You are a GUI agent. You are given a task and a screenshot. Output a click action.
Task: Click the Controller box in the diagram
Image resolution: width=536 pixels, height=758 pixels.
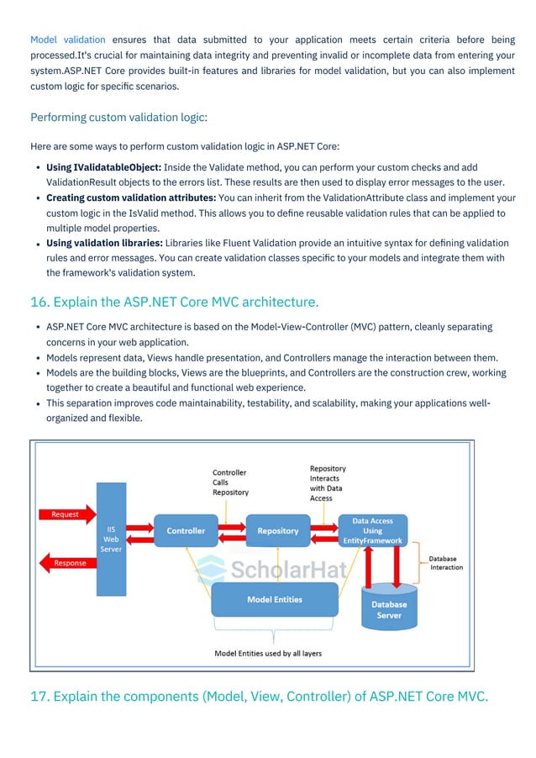pyautogui.click(x=186, y=531)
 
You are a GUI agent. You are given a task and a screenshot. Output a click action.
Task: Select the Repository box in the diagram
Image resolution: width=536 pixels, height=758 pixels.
pyautogui.click(x=277, y=531)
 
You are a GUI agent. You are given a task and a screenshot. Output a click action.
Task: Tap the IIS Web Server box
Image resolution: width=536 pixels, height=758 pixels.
pyautogui.click(x=111, y=539)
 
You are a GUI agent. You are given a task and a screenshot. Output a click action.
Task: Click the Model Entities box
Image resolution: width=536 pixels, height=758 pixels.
pyautogui.click(x=275, y=599)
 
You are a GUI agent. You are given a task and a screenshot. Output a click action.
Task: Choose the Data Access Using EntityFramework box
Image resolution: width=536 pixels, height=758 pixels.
pyautogui.click(x=372, y=531)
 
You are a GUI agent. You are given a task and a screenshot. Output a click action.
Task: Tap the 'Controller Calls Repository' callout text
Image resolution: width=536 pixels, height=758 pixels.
pyautogui.click(x=229, y=482)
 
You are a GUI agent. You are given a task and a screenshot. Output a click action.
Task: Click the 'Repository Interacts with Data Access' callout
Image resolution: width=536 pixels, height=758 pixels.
pyautogui.click(x=327, y=483)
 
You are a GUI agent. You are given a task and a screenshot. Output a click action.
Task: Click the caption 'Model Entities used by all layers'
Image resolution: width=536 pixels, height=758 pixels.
pyautogui.click(x=268, y=653)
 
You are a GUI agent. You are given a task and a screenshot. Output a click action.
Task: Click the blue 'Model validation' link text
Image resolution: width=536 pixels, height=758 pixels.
pyautogui.click(x=67, y=39)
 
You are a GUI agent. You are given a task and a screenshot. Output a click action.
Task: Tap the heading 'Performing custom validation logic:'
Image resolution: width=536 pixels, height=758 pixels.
pyautogui.click(x=118, y=117)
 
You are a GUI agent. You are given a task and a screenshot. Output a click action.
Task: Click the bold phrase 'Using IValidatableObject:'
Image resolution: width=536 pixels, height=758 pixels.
pyautogui.click(x=103, y=167)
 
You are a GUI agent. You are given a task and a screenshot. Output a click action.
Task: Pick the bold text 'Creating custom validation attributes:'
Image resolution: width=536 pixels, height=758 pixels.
pyautogui.click(x=130, y=198)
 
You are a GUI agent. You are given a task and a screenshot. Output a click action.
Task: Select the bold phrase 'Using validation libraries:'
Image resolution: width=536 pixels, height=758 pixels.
pyautogui.click(x=104, y=243)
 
